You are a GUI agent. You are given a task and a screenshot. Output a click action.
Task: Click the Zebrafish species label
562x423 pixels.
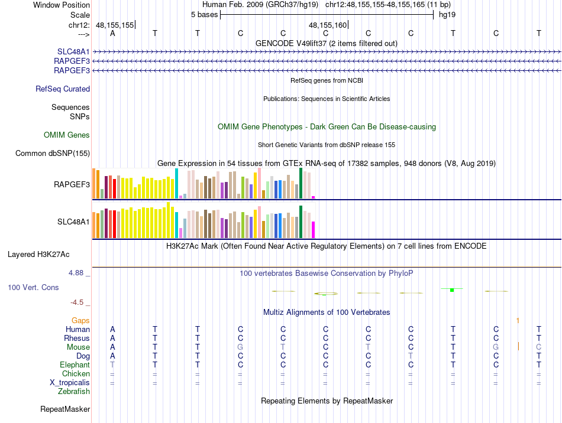(74, 392)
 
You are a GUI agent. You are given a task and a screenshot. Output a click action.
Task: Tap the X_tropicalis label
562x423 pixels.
(70, 383)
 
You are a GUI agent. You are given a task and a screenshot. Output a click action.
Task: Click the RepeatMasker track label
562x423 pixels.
(65, 409)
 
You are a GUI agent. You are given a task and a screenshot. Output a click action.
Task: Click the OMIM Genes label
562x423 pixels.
(67, 135)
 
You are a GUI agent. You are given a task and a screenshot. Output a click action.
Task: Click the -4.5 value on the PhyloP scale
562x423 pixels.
(77, 302)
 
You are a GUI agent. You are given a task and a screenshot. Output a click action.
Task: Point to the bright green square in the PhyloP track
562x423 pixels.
(452, 289)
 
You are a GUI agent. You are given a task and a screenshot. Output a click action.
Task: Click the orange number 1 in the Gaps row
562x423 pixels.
(518, 320)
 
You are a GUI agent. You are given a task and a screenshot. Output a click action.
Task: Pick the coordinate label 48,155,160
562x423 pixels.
(328, 25)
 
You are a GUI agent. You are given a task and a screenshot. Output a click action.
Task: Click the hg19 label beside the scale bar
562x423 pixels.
(447, 14)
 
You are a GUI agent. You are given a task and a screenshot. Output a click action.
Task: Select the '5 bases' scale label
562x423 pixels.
(204, 14)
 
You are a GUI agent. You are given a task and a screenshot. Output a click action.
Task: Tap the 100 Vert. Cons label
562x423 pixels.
(33, 288)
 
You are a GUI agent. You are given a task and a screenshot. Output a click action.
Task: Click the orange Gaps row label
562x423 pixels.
(80, 320)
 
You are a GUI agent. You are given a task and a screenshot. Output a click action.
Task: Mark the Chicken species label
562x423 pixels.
(76, 374)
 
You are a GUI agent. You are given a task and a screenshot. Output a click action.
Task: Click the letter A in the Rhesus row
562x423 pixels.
(112, 338)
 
